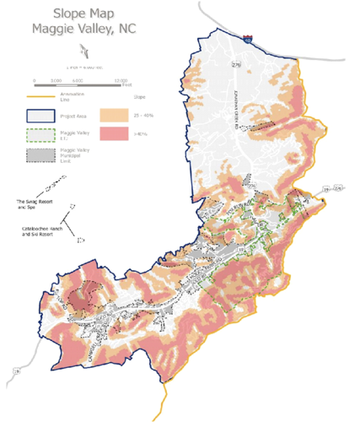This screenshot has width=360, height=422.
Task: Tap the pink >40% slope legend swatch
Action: (116, 135)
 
